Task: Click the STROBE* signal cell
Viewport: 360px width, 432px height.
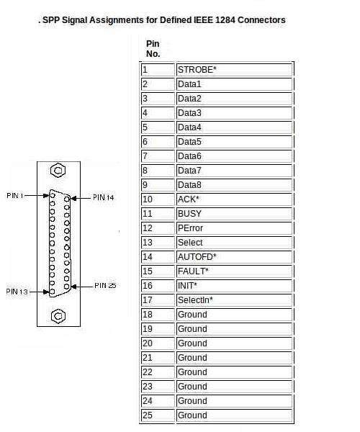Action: (x=234, y=70)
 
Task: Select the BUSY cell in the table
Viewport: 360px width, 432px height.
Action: (x=234, y=214)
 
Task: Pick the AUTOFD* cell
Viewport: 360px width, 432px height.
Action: (x=234, y=257)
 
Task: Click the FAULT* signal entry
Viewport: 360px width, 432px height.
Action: (x=234, y=271)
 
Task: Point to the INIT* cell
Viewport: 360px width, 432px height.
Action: (x=234, y=286)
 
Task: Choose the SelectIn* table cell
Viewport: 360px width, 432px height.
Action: (x=234, y=300)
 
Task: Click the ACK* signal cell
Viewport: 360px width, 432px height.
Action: (x=234, y=199)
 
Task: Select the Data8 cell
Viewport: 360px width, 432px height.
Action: (x=234, y=185)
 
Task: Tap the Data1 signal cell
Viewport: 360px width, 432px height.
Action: (x=234, y=84)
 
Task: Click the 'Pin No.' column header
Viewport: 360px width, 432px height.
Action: (x=153, y=48)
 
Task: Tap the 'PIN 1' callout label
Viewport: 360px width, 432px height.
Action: (x=15, y=196)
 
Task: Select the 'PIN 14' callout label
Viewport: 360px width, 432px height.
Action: (x=103, y=197)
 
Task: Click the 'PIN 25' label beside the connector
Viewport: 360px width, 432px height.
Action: (x=105, y=285)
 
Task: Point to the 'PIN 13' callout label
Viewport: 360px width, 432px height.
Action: (x=17, y=292)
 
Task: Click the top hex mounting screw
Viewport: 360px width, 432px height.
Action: (x=58, y=171)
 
